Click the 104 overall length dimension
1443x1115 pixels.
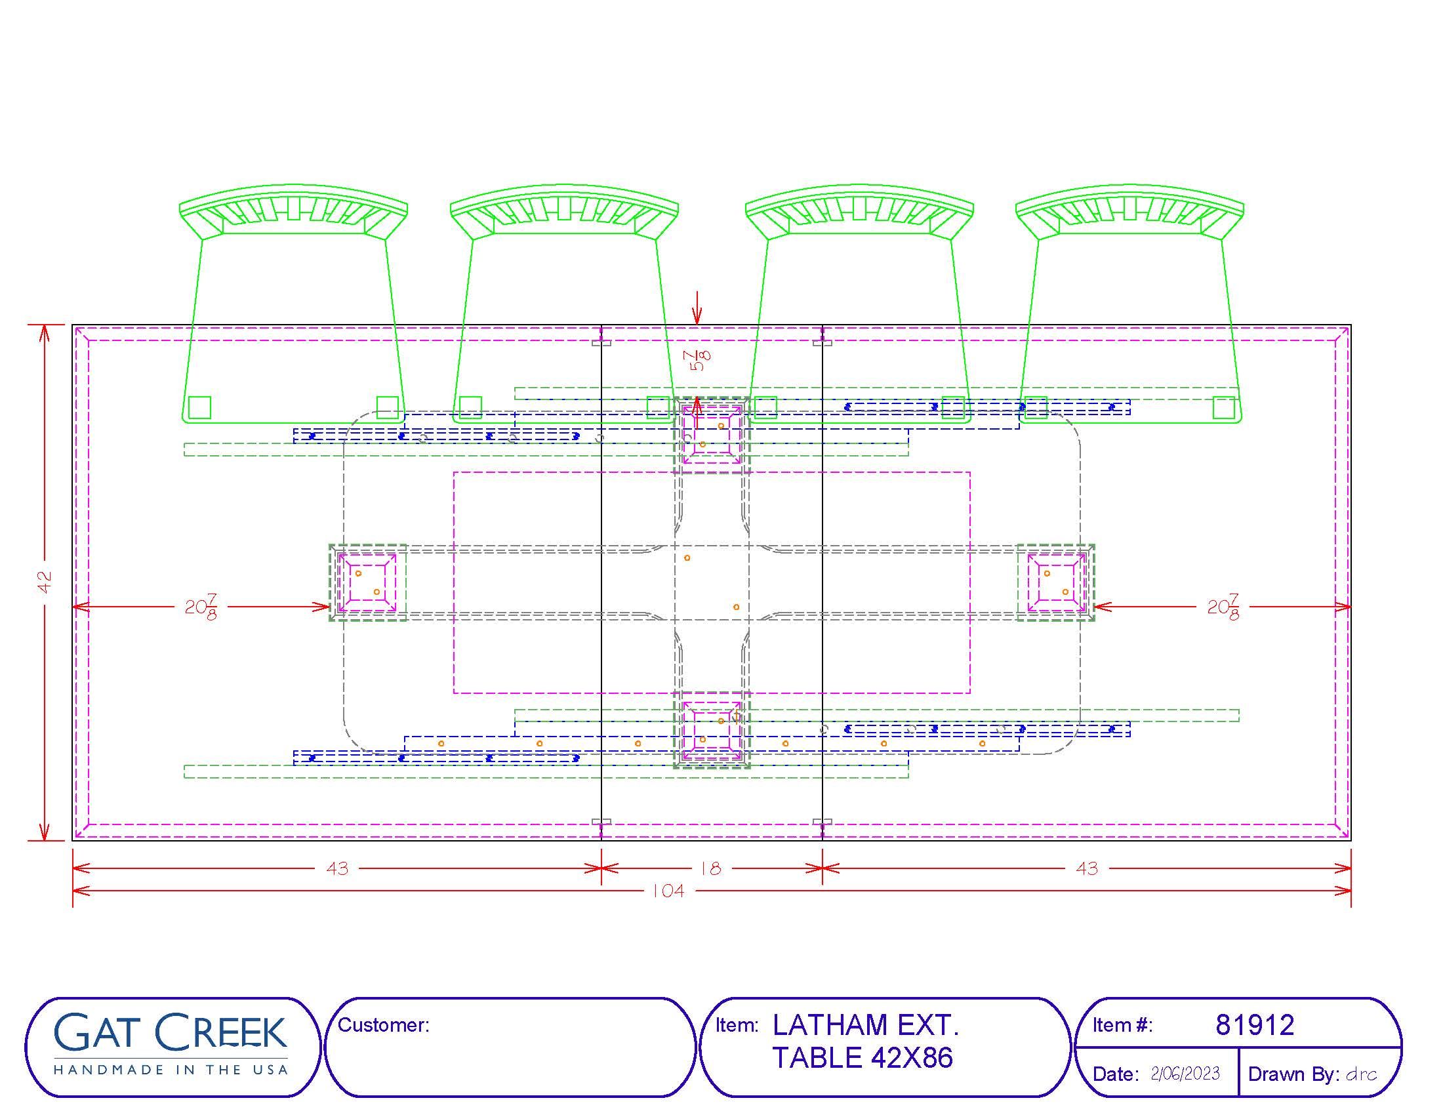pos(668,891)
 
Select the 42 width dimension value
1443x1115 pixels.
pos(45,582)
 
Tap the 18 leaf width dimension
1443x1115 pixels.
pos(711,868)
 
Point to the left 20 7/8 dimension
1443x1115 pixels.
pos(201,607)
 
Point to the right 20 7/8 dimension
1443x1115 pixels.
pos(1223,607)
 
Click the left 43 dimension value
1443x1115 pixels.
pos(338,868)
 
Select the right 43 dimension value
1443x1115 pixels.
pos(1087,868)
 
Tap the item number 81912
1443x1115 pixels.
pos(1255,1025)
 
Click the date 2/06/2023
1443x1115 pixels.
pos(1185,1074)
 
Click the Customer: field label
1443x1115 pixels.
pos(383,1025)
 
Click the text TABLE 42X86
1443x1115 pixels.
pos(863,1058)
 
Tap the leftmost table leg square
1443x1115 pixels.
pos(367,582)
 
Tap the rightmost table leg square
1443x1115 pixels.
pos(1056,582)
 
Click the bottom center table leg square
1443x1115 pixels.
pos(712,730)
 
